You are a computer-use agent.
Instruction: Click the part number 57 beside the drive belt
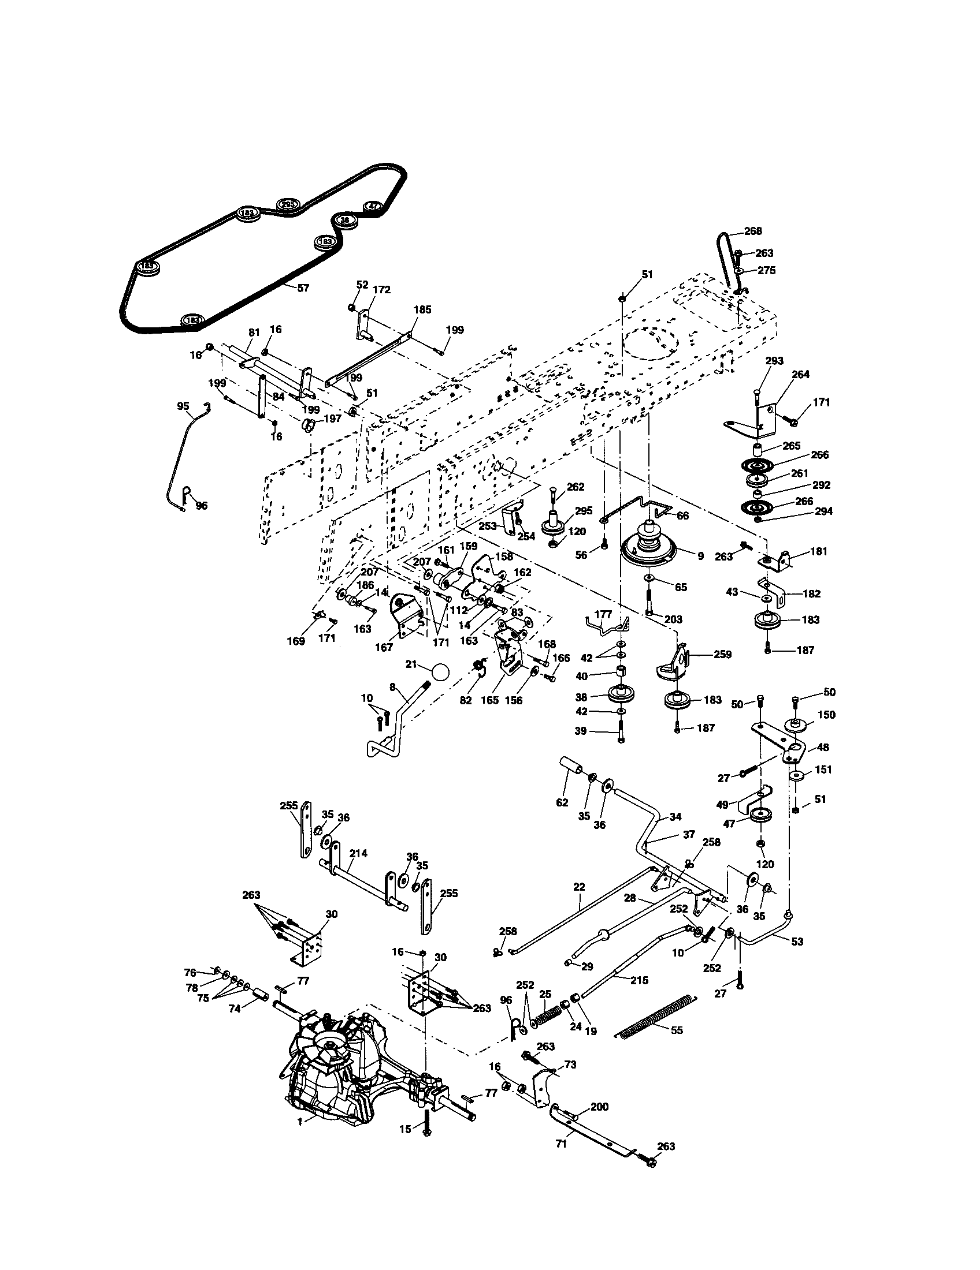point(303,287)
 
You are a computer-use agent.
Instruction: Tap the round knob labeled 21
point(440,672)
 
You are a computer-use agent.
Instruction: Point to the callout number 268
point(752,231)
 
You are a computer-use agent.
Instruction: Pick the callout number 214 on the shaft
point(358,853)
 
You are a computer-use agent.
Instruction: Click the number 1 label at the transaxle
point(300,1138)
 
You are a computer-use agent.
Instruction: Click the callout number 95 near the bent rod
point(183,405)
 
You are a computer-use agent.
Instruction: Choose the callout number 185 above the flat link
point(422,309)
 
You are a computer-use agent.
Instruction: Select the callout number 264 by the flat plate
point(800,374)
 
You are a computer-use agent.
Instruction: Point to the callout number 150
point(826,714)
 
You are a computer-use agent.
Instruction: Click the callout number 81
point(253,332)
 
